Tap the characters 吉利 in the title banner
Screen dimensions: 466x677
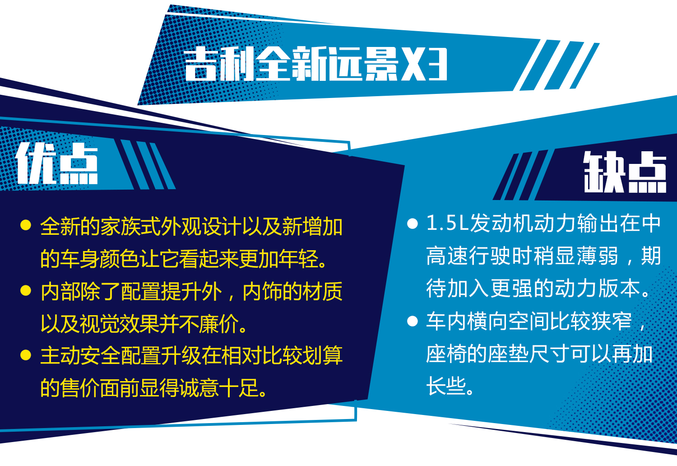click(x=219, y=64)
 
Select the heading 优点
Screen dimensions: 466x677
click(x=57, y=163)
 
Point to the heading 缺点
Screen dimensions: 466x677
click(x=625, y=172)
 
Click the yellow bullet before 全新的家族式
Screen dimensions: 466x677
click(x=26, y=225)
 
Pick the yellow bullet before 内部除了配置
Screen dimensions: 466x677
click(x=26, y=290)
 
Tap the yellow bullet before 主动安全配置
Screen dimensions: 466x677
click(x=26, y=355)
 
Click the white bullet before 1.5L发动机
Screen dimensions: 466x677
click(x=412, y=224)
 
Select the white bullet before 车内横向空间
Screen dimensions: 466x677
click(x=412, y=321)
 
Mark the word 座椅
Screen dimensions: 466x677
click(x=446, y=354)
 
